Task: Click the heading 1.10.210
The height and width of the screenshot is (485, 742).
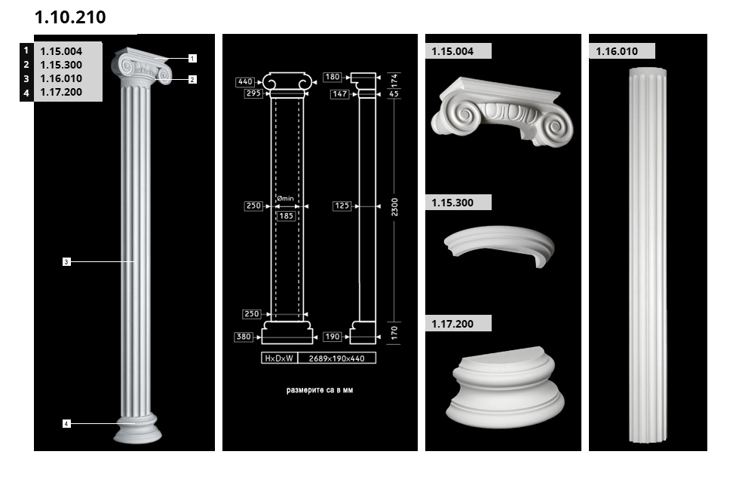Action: click(70, 17)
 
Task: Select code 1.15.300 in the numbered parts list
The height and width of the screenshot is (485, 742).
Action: click(61, 65)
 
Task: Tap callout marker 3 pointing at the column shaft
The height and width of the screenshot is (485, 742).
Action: click(66, 261)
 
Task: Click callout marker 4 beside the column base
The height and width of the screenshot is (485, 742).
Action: click(66, 423)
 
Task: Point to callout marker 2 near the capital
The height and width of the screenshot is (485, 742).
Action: click(192, 79)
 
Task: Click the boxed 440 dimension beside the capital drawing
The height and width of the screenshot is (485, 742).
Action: click(245, 82)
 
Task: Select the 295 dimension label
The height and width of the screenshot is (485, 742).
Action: click(253, 93)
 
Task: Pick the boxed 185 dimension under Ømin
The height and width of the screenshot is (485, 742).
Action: click(287, 216)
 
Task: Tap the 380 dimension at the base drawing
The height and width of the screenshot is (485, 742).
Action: click(244, 337)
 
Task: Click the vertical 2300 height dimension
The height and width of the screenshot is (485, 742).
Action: click(394, 207)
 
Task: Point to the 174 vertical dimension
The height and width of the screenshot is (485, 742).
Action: click(394, 80)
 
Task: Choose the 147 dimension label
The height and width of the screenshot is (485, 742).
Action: click(340, 94)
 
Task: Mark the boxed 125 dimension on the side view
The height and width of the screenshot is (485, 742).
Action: click(342, 206)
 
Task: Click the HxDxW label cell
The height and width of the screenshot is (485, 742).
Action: click(279, 358)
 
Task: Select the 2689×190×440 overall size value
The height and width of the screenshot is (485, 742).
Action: click(337, 358)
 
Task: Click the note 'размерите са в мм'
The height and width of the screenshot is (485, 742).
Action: click(320, 390)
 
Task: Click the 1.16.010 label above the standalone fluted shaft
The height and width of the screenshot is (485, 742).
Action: click(617, 51)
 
